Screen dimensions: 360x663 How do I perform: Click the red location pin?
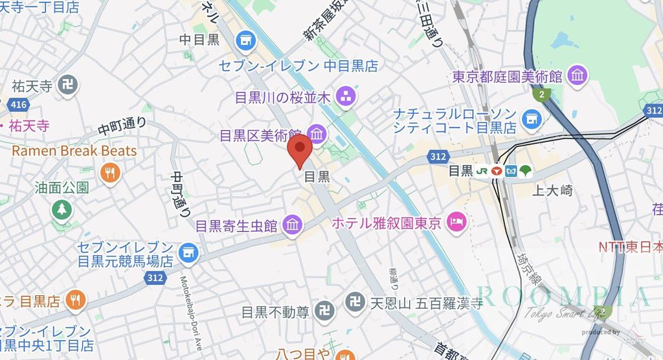[299, 153]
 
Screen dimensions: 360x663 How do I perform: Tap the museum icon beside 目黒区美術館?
[317, 135]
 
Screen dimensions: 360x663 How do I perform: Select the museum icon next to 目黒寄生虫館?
[292, 225]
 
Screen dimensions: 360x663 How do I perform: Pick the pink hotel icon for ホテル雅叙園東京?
[457, 223]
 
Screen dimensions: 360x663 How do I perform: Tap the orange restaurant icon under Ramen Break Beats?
[109, 173]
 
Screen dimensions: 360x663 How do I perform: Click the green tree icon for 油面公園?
[62, 209]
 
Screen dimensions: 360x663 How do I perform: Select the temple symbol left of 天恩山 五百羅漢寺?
[354, 302]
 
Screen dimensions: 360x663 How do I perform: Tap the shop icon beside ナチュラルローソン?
[532, 118]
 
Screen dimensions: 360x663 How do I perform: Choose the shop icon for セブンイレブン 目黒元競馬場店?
[188, 253]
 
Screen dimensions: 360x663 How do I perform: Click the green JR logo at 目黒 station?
[482, 171]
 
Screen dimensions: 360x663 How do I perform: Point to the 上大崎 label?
[552, 190]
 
